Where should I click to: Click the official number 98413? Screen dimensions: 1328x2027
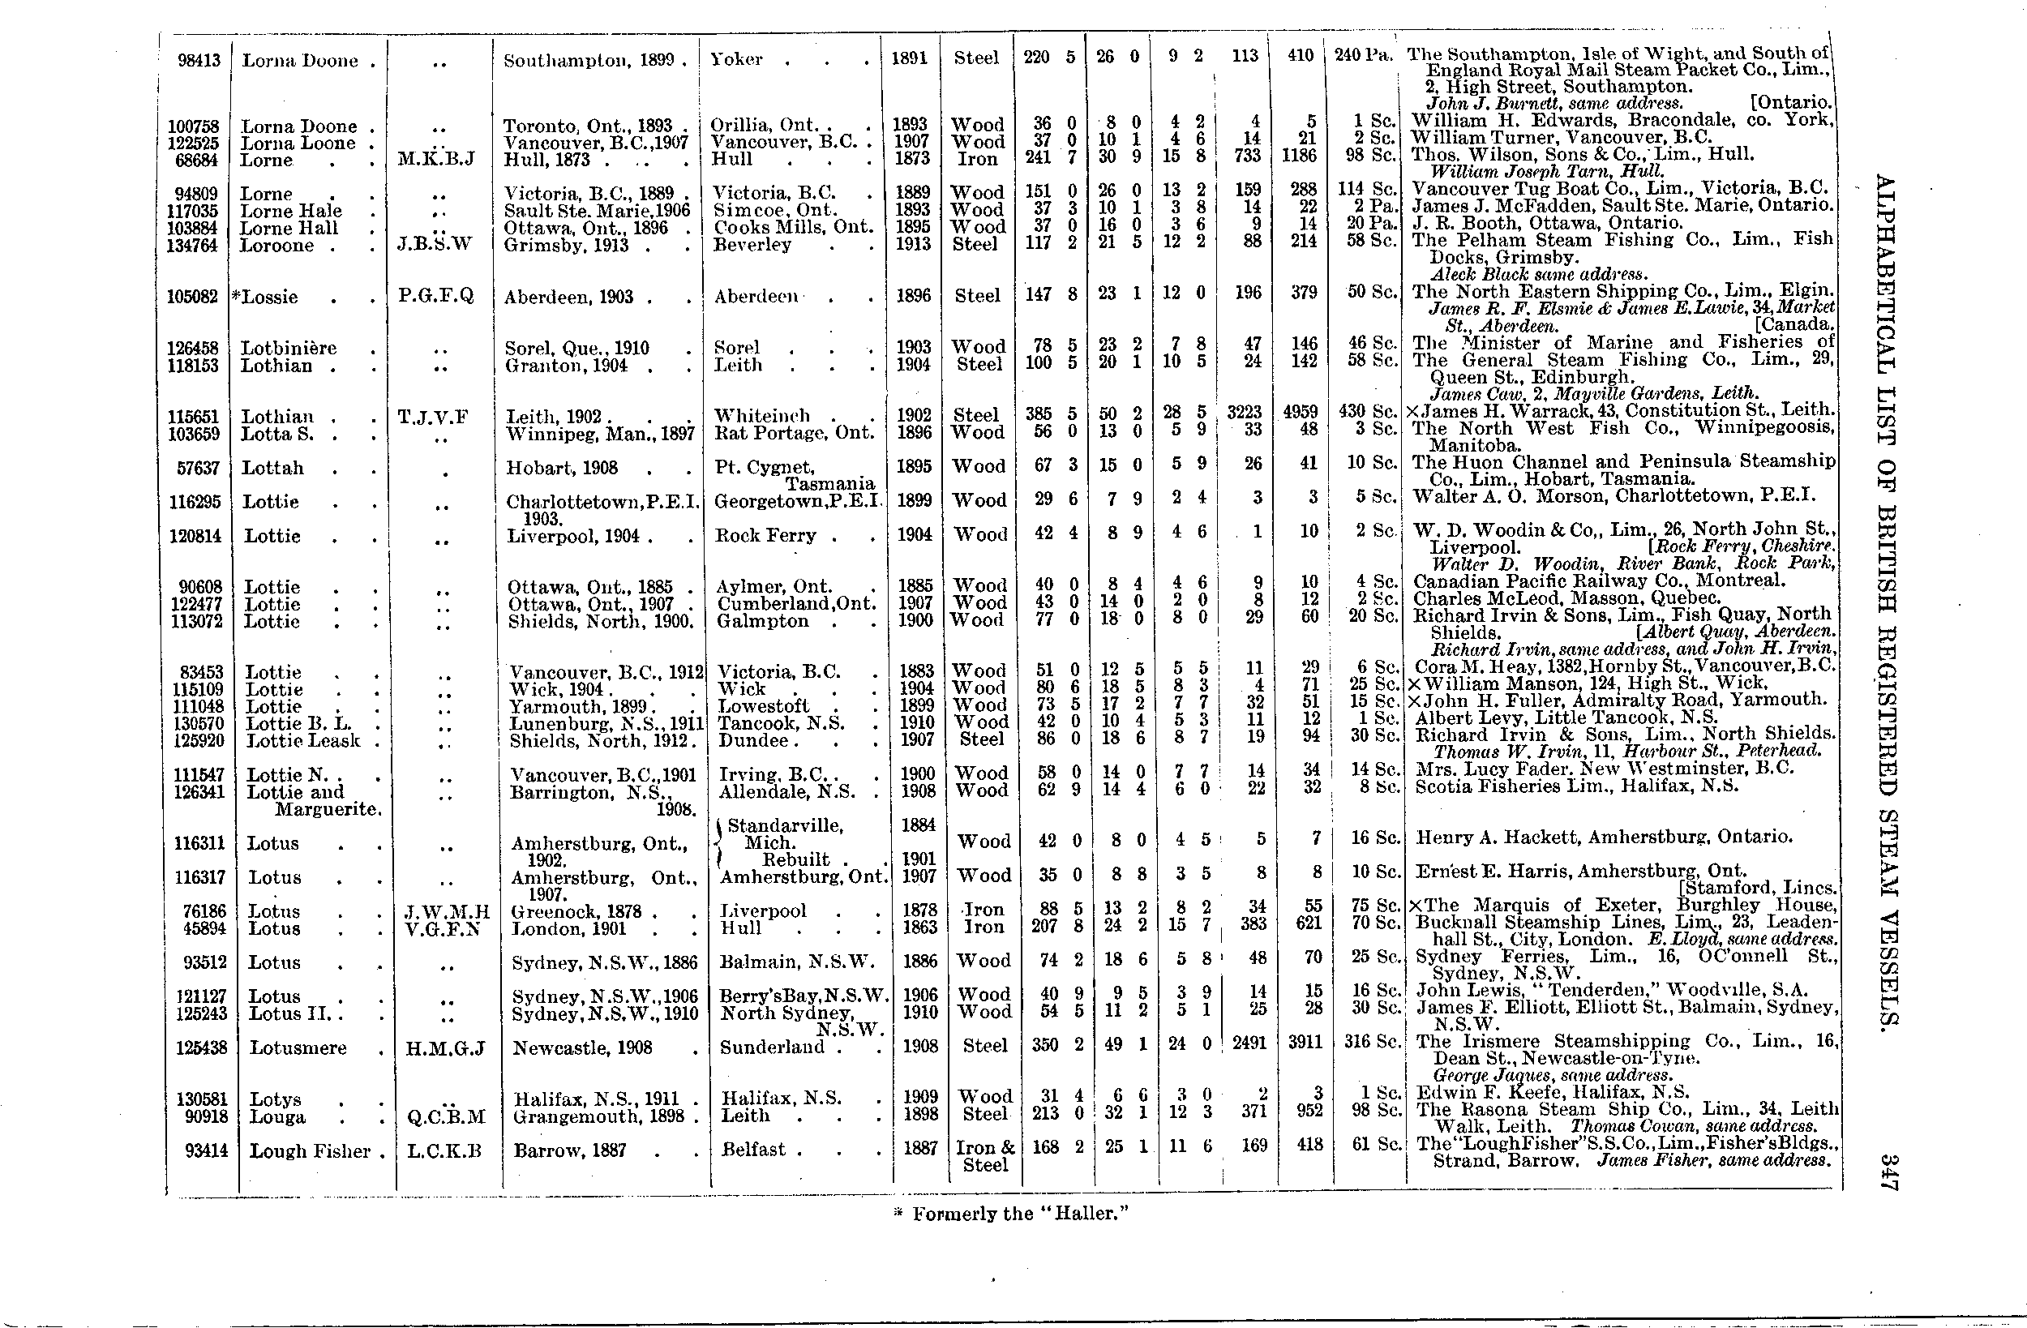[x=199, y=61]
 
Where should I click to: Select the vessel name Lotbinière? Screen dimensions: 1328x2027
[x=289, y=349]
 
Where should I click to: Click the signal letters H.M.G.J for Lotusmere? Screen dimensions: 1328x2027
[x=444, y=1047]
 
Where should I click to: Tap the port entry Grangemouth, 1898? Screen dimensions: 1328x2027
[x=598, y=1116]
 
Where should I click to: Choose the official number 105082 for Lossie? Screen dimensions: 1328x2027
[x=198, y=297]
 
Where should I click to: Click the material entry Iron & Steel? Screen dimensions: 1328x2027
[x=984, y=1156]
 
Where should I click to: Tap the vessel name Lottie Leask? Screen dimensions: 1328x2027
[x=303, y=740]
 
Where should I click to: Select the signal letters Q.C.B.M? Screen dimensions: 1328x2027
[x=446, y=1116]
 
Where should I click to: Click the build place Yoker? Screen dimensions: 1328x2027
[x=738, y=60]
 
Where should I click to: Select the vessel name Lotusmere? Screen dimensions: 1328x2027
[x=298, y=1047]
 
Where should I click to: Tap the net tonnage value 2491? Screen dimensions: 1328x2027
[x=1249, y=1043]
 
